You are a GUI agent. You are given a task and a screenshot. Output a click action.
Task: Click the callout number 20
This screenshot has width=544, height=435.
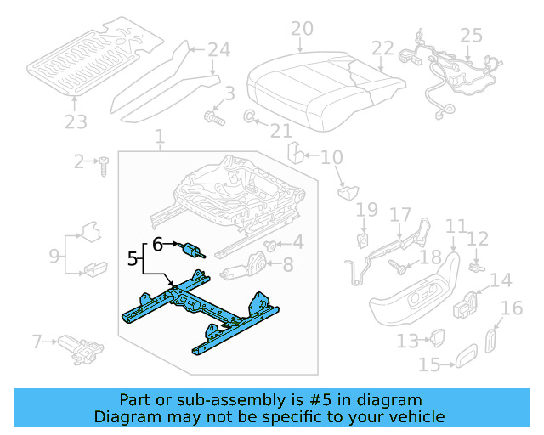(x=302, y=30)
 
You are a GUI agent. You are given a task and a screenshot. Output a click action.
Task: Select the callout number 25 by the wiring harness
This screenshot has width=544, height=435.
(x=471, y=37)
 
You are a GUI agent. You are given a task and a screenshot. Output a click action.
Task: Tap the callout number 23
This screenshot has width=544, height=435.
(x=76, y=122)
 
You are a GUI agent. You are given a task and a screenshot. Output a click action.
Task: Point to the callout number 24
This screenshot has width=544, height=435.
(x=218, y=50)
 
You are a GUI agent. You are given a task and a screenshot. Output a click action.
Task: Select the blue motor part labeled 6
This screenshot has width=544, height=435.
(x=194, y=250)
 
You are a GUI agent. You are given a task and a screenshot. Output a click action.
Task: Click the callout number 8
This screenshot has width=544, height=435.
(x=288, y=265)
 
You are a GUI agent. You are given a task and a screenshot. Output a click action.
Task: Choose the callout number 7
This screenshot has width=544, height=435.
(x=37, y=342)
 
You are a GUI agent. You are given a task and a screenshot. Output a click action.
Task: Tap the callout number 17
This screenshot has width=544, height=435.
(x=399, y=217)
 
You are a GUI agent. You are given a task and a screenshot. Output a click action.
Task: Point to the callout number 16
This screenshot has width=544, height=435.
(x=512, y=308)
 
